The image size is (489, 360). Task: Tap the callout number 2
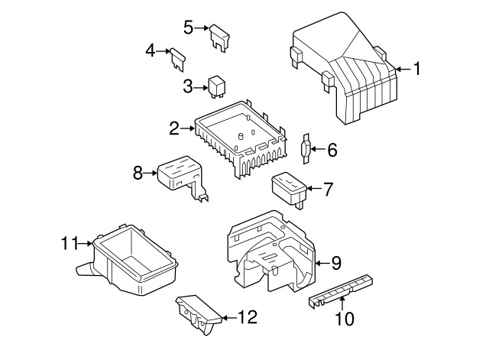[x=174, y=128]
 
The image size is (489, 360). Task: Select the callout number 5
[x=188, y=28]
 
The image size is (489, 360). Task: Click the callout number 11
[x=70, y=244]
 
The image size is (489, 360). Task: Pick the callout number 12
[x=248, y=316]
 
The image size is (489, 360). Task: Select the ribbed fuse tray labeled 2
[x=241, y=138]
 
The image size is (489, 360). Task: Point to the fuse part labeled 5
[x=221, y=37]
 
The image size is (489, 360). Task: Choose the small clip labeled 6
[x=306, y=148]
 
